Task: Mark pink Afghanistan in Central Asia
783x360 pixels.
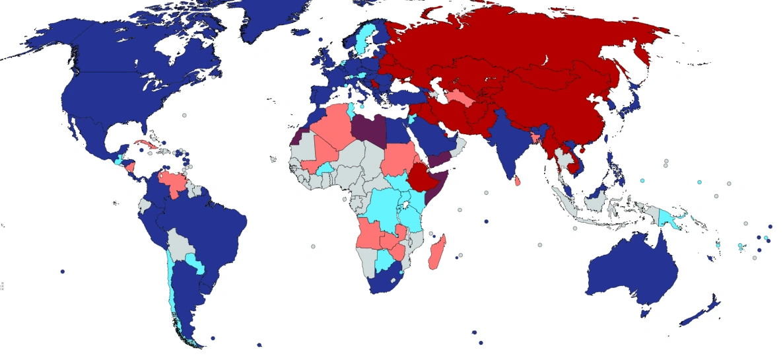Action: pos(461,99)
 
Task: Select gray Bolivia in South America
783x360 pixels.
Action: pos(180,244)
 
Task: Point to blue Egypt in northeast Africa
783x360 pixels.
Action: pos(396,133)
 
